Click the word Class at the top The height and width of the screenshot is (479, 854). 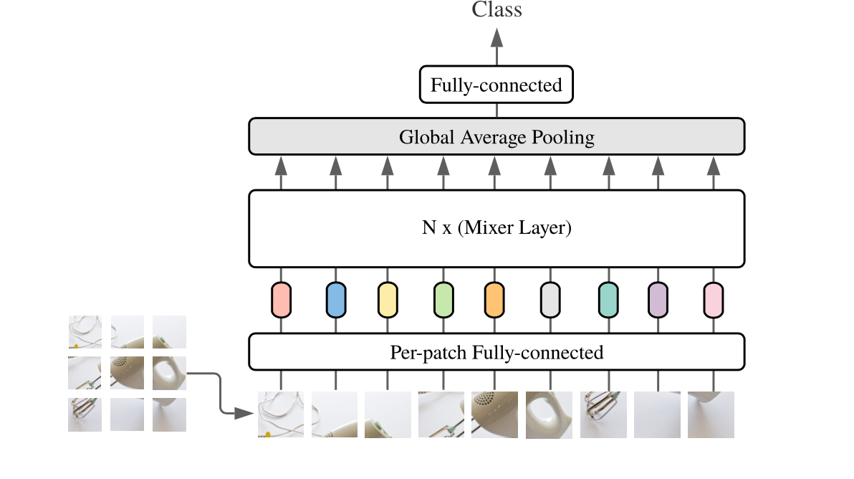pyautogui.click(x=496, y=9)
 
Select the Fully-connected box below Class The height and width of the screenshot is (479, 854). pyautogui.click(x=496, y=85)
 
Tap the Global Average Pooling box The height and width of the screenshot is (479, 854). pyautogui.click(x=496, y=136)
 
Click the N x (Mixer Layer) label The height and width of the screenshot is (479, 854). pyautogui.click(x=496, y=229)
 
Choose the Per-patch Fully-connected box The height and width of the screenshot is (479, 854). pyautogui.click(x=496, y=352)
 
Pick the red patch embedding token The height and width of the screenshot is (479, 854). pyautogui.click(x=281, y=300)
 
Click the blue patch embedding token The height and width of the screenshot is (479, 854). pyautogui.click(x=335, y=300)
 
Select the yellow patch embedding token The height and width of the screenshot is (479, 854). pyautogui.click(x=388, y=300)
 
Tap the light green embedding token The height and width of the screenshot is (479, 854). pyautogui.click(x=443, y=300)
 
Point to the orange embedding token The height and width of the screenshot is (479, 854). pyautogui.click(x=494, y=300)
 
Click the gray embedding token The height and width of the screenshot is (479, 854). pyautogui.click(x=550, y=300)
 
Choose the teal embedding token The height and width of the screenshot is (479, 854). pyautogui.click(x=608, y=300)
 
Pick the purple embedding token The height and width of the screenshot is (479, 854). pyautogui.click(x=658, y=300)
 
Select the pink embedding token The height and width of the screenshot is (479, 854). pyautogui.click(x=714, y=300)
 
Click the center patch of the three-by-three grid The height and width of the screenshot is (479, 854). pyautogui.click(x=127, y=373)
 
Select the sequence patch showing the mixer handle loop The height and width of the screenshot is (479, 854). pyautogui.click(x=549, y=414)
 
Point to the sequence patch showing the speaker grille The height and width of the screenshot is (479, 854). pyautogui.click(x=494, y=414)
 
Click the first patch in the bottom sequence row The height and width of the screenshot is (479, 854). pyautogui.click(x=281, y=414)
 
